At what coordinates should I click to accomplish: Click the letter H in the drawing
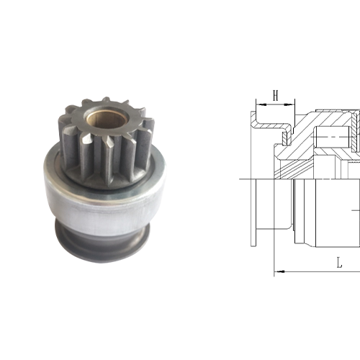tap(275, 94)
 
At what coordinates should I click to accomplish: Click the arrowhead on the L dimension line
tap(280, 271)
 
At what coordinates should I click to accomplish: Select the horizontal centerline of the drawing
tap(302, 179)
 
